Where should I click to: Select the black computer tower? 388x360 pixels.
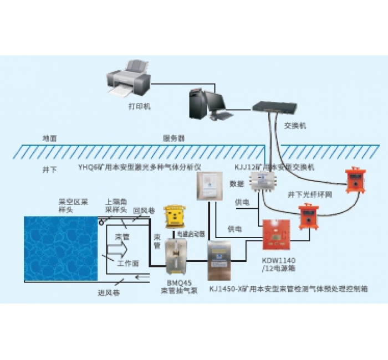(197, 102)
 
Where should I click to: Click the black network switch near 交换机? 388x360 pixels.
(274, 107)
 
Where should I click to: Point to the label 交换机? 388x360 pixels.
(294, 126)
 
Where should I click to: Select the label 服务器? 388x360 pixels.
(173, 138)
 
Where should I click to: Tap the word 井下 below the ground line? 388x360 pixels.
(49, 168)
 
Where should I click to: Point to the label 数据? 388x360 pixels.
(237, 183)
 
